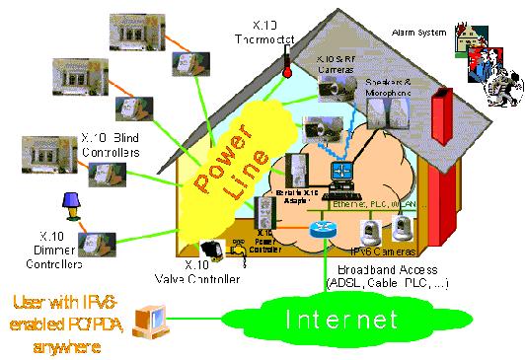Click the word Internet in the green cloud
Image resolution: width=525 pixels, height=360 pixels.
[x=340, y=321]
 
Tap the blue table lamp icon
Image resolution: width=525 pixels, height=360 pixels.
[x=71, y=206]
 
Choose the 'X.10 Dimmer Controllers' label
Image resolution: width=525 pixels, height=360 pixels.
[x=65, y=242]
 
